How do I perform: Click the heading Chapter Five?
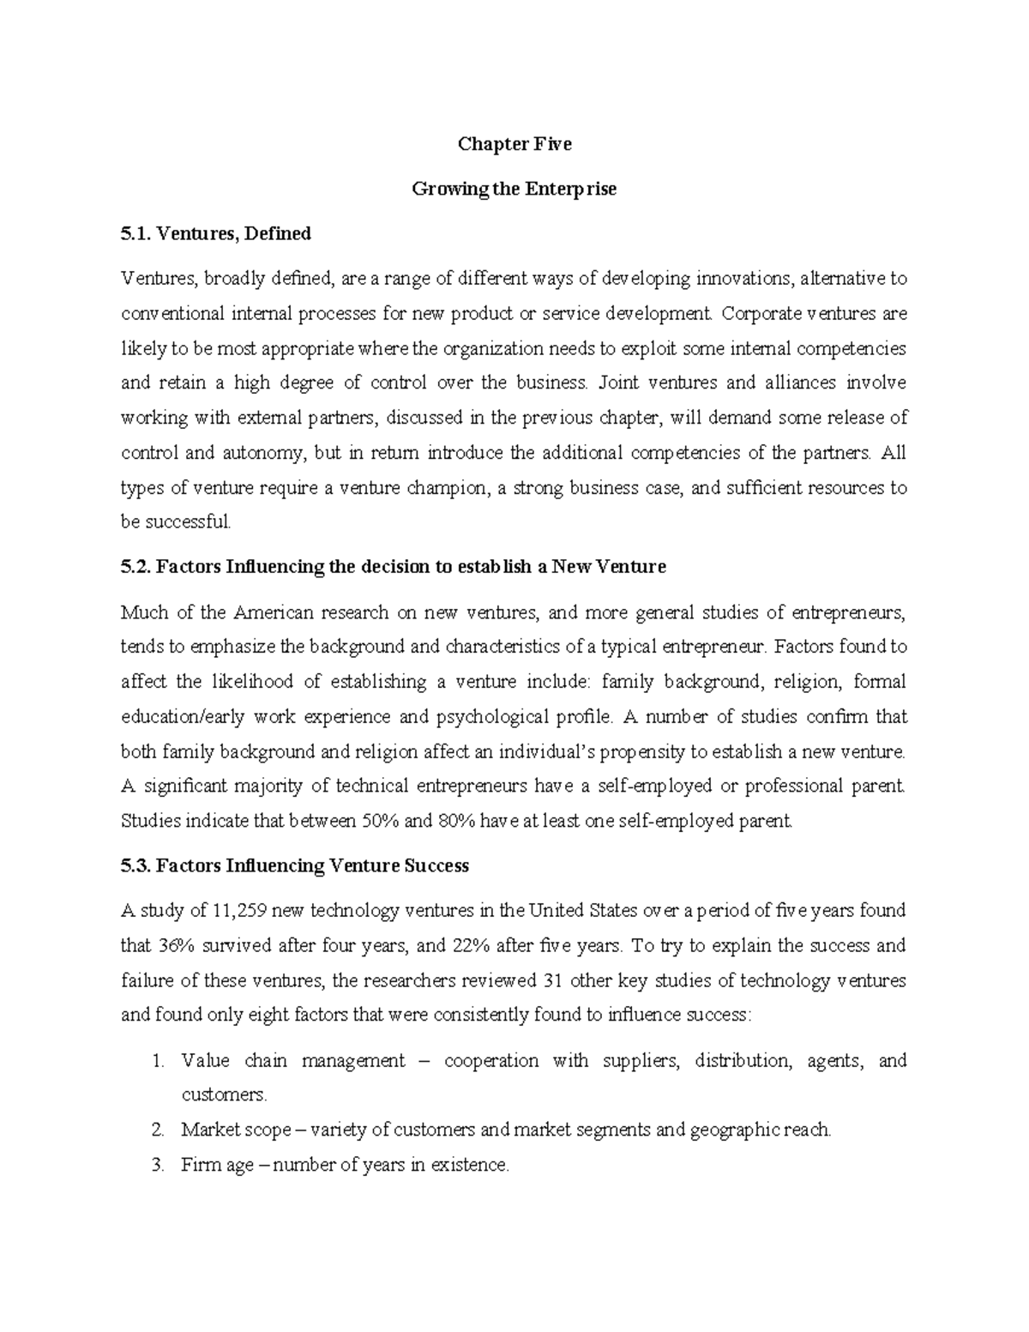pyautogui.click(x=514, y=144)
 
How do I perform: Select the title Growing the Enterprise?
pyautogui.click(x=514, y=189)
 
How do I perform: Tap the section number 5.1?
pyautogui.click(x=135, y=233)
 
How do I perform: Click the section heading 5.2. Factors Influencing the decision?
pyautogui.click(x=393, y=567)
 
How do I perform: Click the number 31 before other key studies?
pyautogui.click(x=552, y=980)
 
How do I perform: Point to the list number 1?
pyautogui.click(x=156, y=1061)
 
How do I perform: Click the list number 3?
pyautogui.click(x=156, y=1166)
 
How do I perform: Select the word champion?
pyautogui.click(x=448, y=488)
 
